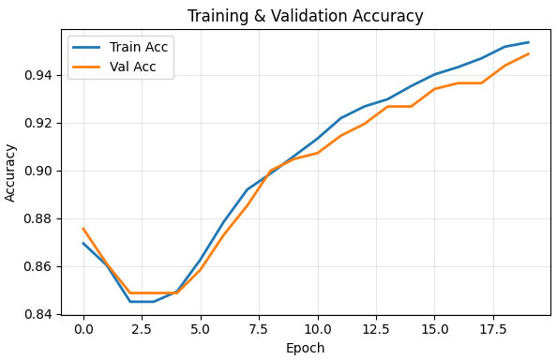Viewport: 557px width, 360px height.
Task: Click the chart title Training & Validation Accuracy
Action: [x=305, y=16]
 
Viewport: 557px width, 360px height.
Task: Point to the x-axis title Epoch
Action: [x=305, y=348]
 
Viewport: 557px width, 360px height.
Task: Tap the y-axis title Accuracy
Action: [x=11, y=172]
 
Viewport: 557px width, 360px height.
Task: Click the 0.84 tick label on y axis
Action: [x=43, y=314]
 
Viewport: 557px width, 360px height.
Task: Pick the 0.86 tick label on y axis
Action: [x=43, y=266]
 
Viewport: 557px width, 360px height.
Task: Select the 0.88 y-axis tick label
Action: [x=43, y=218]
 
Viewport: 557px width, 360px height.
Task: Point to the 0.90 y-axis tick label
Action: [x=43, y=171]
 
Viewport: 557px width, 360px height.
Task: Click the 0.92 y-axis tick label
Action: [x=43, y=123]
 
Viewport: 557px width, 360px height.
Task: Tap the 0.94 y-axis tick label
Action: [x=43, y=75]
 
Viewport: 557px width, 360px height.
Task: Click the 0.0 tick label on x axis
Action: [x=83, y=329]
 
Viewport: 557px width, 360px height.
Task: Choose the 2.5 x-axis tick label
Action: [x=142, y=329]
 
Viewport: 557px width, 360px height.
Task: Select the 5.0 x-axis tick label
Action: [x=200, y=329]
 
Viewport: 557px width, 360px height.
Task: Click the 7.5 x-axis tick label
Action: [x=259, y=329]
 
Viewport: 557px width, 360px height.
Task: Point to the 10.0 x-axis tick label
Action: [x=317, y=329]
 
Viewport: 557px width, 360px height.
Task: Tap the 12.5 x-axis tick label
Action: [x=375, y=329]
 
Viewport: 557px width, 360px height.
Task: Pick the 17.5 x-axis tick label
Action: [x=492, y=329]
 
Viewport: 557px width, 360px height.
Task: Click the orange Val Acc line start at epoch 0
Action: [x=83, y=229]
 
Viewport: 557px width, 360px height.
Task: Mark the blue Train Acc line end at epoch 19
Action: [x=528, y=42]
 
